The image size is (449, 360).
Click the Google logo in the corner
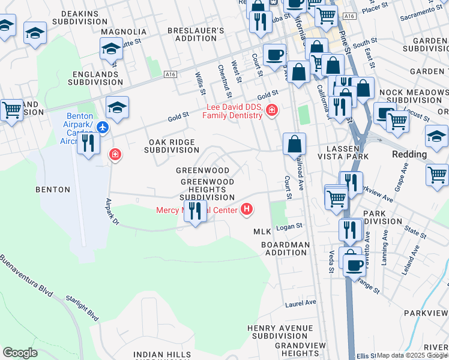point(20,353)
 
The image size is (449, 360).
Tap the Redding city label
point(409,154)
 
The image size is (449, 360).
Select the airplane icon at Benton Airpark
point(103,127)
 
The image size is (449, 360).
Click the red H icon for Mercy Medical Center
point(246,209)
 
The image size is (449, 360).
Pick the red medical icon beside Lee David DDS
point(273,110)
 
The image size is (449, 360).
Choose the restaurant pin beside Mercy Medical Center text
point(194,211)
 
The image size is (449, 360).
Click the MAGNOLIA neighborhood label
point(124,31)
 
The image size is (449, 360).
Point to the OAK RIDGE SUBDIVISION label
point(173,146)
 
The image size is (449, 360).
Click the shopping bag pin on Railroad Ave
point(294,144)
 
